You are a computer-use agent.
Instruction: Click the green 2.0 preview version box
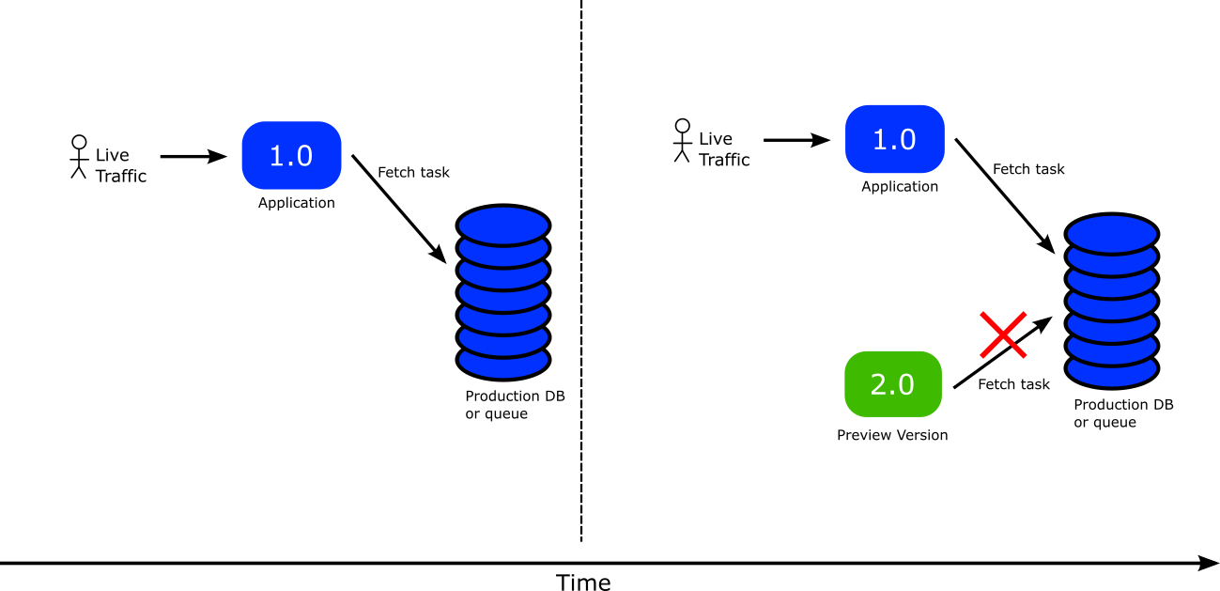[x=892, y=384]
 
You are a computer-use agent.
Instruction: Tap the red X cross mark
[x=1003, y=335]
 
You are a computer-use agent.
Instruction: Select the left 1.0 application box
[x=291, y=155]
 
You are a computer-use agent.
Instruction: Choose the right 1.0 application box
[x=894, y=139]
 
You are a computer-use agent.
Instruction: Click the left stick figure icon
[x=79, y=157]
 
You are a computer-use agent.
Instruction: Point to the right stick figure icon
[x=682, y=141]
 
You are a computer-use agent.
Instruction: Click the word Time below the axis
[x=583, y=582]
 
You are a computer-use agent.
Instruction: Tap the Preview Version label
[x=892, y=435]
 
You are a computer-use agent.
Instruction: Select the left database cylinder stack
[x=503, y=292]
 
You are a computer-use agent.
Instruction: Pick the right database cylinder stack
[x=1112, y=302]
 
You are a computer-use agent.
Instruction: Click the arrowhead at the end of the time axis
[x=1208, y=563]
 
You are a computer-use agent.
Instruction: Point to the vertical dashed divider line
[x=581, y=271]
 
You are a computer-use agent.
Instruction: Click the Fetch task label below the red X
[x=1013, y=384]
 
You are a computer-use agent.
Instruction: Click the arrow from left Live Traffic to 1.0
[x=193, y=156]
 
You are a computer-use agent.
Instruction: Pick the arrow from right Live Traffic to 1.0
[x=796, y=140]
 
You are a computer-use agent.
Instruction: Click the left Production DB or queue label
[x=515, y=405]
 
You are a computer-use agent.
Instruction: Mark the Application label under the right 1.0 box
[x=900, y=186]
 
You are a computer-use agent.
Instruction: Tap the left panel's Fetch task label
[x=413, y=172]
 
